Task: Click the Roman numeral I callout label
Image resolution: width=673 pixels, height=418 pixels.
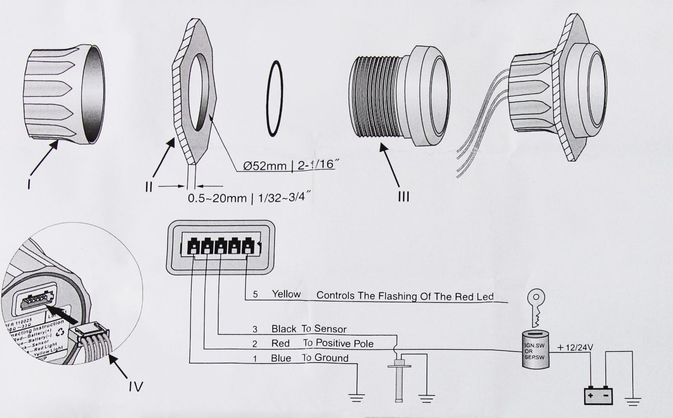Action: pos(29,182)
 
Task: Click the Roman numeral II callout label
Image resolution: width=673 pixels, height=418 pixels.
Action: pos(149,186)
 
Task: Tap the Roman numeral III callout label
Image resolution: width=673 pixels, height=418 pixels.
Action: pos(403,196)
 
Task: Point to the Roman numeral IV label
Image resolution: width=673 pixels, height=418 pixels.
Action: pos(136,387)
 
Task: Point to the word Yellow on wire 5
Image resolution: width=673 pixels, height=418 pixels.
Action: pos(286,294)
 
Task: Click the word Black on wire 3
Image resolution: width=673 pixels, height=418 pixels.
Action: pos(284,329)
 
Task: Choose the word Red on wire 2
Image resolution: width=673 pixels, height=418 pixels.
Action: pos(280,344)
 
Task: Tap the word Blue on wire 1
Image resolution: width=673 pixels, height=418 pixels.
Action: pos(281,358)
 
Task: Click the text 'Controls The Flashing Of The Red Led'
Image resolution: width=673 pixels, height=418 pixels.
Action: pos(405,296)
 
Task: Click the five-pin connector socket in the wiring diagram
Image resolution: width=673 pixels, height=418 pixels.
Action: pos(220,247)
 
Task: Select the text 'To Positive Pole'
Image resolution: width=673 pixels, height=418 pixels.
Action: pos(338,343)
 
